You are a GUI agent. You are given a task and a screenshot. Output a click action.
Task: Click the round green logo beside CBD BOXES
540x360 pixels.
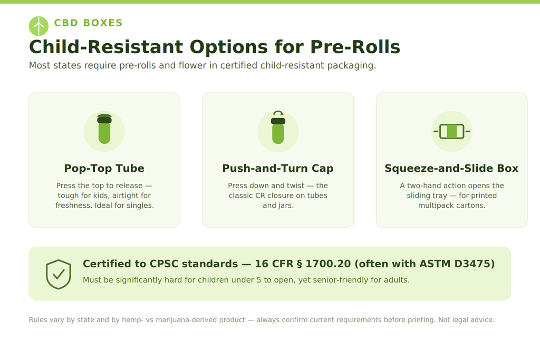click(38, 26)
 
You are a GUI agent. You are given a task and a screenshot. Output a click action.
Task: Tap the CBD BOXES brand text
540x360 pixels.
click(88, 23)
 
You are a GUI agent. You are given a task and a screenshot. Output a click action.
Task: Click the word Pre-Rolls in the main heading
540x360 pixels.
click(355, 47)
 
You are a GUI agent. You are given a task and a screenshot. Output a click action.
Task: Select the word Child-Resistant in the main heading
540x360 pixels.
click(106, 47)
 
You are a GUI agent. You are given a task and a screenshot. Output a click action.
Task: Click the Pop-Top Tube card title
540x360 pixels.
click(104, 168)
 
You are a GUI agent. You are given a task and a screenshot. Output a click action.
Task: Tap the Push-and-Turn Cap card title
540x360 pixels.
click(278, 168)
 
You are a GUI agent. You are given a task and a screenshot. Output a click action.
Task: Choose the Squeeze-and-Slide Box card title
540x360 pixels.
click(451, 168)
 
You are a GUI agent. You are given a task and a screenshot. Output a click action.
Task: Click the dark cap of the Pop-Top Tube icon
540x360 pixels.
click(104, 119)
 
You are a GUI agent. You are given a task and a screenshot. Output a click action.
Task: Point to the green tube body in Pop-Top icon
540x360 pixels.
click(104, 133)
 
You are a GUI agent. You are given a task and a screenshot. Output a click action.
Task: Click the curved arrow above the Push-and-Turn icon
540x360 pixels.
click(278, 113)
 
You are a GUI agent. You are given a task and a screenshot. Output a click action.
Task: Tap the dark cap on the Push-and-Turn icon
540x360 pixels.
click(278, 121)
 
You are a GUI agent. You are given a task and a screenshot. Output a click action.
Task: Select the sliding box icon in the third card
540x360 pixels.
click(451, 131)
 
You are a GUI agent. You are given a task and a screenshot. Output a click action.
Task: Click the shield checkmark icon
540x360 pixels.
click(59, 274)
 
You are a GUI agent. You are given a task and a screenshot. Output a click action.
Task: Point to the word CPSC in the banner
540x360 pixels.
click(163, 264)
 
